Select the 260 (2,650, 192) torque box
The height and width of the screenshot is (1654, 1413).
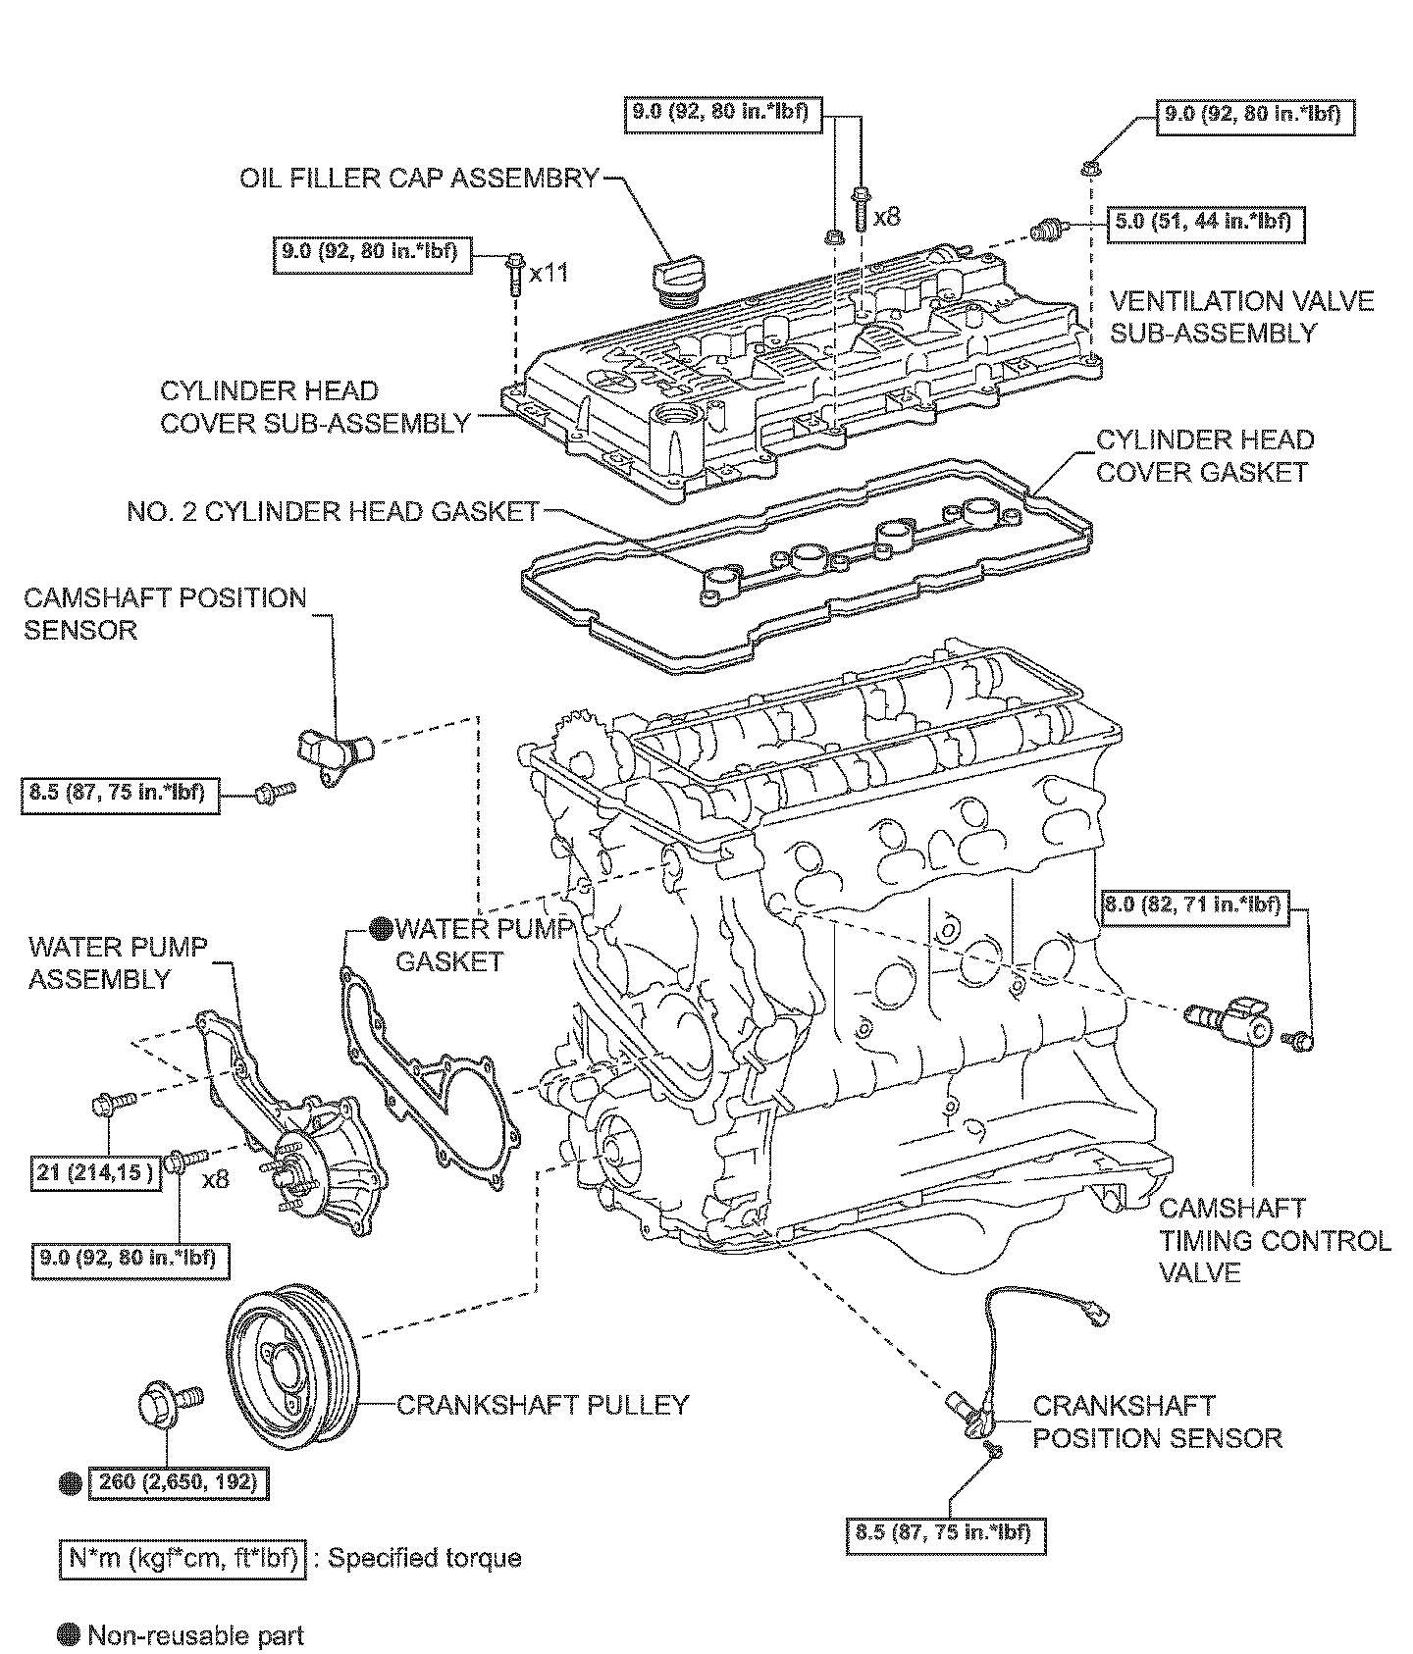(179, 1482)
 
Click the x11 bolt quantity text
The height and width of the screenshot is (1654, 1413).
(549, 273)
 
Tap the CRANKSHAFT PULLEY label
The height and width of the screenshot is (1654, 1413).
(543, 1404)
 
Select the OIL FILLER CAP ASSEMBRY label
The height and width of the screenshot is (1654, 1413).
(420, 179)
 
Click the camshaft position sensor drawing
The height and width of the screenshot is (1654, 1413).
(335, 753)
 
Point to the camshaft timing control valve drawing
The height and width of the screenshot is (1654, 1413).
(1230, 1021)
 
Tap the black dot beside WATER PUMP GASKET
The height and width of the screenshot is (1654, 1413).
(381, 928)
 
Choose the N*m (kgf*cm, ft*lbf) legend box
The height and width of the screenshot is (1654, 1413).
(183, 1558)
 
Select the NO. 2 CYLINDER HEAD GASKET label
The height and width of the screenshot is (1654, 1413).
(334, 511)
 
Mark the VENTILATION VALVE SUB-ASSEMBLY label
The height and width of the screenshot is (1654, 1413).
(1241, 316)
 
